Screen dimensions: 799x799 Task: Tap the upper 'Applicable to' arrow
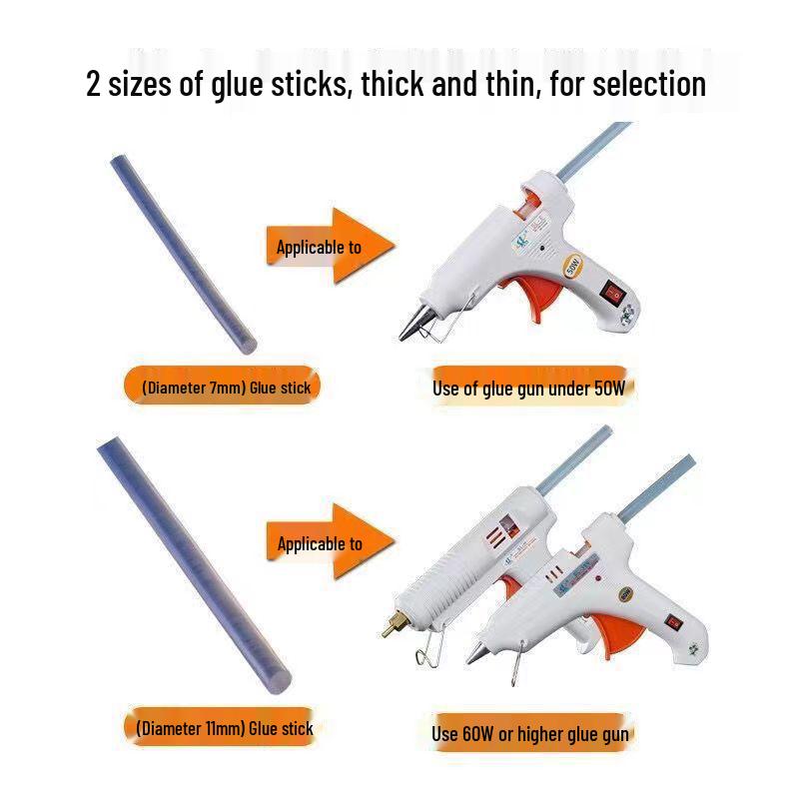(x=330, y=246)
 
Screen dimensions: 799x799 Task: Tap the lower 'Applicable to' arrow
(x=331, y=543)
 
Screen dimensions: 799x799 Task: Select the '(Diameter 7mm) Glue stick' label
(x=219, y=388)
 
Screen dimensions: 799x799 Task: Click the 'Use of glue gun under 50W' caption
(x=528, y=389)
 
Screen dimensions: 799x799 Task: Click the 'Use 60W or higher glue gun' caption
(x=530, y=734)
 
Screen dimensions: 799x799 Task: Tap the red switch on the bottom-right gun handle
(x=674, y=622)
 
